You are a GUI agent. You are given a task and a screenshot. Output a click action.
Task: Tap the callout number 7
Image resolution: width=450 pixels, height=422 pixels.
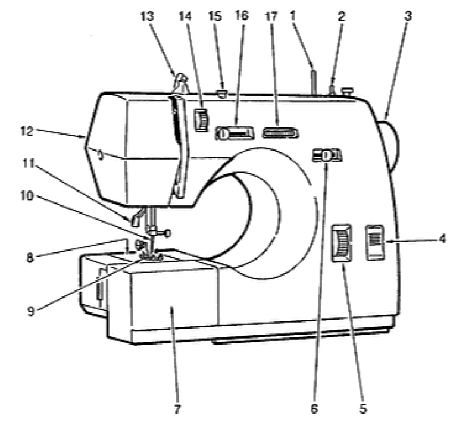[x=177, y=409]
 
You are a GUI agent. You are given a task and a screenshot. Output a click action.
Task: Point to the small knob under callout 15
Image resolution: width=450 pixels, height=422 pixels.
[x=222, y=93]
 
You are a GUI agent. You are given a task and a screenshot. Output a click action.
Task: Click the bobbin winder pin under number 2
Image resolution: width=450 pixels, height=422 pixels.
[x=331, y=90]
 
